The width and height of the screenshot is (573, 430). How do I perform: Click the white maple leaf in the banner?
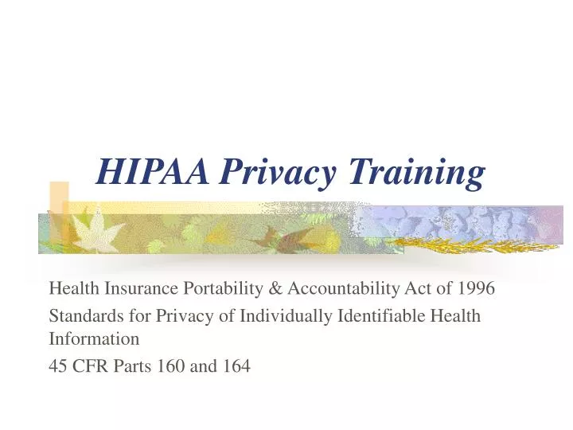point(98,230)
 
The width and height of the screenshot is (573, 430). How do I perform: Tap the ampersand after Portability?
point(275,288)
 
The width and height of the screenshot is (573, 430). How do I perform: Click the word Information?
point(94,338)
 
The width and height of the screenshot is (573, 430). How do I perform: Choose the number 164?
point(236,366)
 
